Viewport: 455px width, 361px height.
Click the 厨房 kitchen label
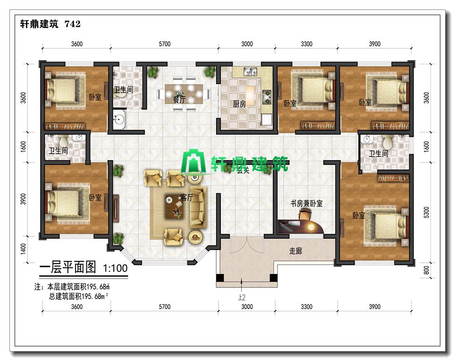239,103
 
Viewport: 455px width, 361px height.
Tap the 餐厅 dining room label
179,99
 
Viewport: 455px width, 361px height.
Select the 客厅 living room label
186,198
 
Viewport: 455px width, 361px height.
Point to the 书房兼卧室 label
306,203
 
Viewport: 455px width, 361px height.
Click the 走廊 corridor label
295,250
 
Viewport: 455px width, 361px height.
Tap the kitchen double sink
250,71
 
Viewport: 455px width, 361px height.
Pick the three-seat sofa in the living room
198,207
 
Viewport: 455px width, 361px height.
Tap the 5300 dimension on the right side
426,213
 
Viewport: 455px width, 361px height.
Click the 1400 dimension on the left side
24,249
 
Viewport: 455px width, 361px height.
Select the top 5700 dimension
165,44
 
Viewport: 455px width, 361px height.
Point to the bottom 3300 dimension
306,307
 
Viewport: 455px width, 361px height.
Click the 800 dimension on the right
426,270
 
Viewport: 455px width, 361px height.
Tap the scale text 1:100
115,268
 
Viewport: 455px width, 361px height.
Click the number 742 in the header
73,24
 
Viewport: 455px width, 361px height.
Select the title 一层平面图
67,266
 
